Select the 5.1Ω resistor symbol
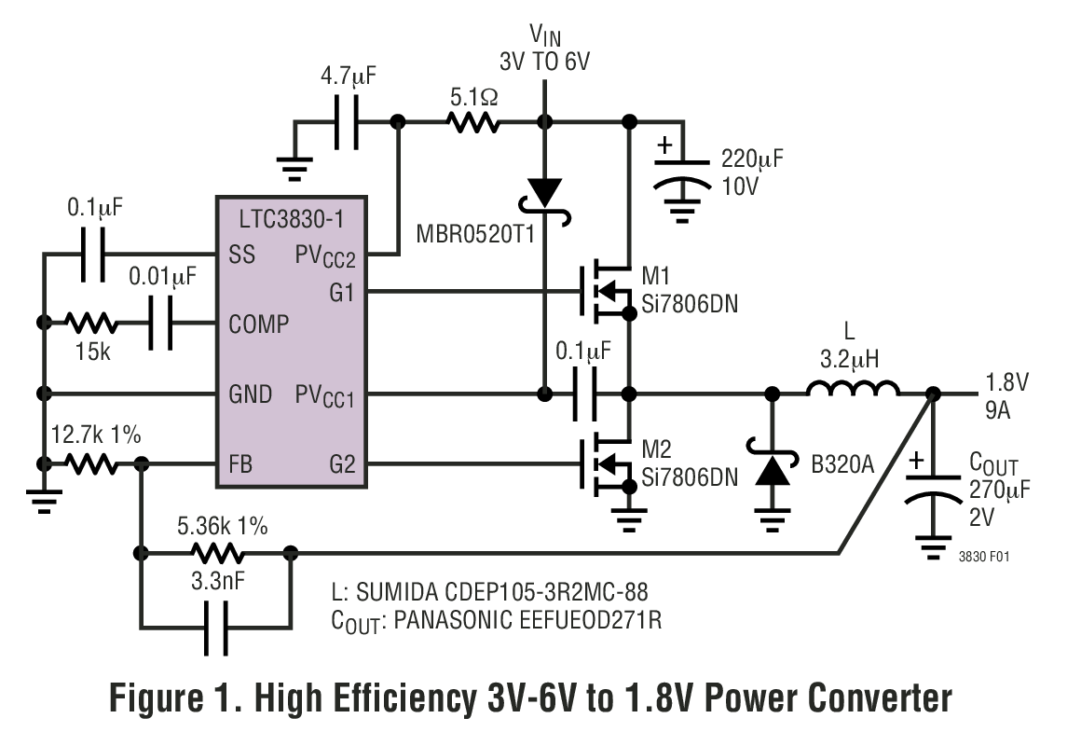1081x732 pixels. coord(472,122)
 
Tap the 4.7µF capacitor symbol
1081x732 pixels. coord(347,122)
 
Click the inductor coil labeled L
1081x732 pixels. coord(853,391)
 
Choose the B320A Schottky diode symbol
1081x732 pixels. coord(772,466)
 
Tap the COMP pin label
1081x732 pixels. coord(258,325)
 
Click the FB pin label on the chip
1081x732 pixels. coord(239,463)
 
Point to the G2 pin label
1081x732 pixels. coord(343,463)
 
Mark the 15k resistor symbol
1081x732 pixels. coord(91,324)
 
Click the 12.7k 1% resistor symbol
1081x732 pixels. coord(91,463)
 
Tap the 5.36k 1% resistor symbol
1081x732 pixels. coord(214,552)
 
